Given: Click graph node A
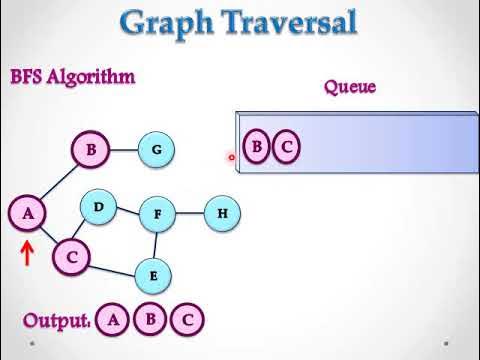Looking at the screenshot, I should [x=28, y=212].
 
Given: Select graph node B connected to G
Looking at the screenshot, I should [x=90, y=150].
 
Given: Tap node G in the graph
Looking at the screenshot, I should [x=156, y=150].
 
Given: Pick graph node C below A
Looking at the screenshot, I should [x=71, y=257].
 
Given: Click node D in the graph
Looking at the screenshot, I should [x=98, y=207].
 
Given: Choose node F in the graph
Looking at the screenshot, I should [x=157, y=213].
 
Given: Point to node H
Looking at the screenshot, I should [x=222, y=212].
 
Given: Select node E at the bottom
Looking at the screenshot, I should [x=153, y=275].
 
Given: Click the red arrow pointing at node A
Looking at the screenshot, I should [x=27, y=251].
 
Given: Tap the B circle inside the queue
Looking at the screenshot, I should [x=257, y=148].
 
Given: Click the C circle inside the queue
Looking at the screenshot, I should [x=286, y=148].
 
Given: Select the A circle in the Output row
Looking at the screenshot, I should [x=114, y=320].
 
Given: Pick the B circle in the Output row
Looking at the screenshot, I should [x=150, y=320].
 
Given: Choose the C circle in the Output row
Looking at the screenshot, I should [x=187, y=320].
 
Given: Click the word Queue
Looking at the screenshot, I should [x=349, y=87].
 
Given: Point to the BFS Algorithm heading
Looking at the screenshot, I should [x=72, y=77].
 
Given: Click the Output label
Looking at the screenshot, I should [x=56, y=320].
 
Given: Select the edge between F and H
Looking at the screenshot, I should [x=190, y=212].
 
